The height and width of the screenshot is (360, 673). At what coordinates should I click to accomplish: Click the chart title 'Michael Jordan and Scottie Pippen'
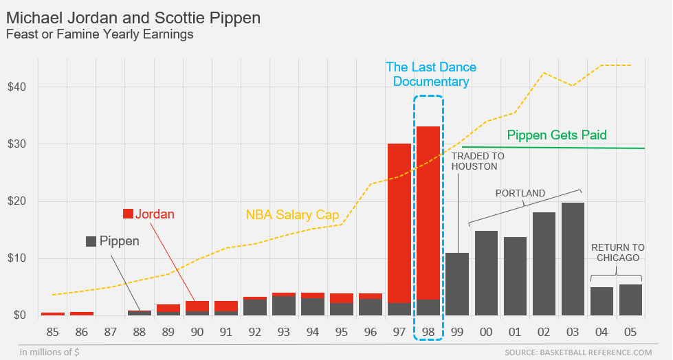pyautogui.click(x=133, y=17)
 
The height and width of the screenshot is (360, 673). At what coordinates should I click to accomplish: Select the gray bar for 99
pyautogui.click(x=457, y=284)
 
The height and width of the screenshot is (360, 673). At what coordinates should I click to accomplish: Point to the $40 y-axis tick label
pyautogui.click(x=17, y=87)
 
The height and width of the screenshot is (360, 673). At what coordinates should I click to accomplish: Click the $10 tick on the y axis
pyautogui.click(x=17, y=258)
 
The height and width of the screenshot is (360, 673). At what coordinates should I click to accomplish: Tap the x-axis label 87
pyautogui.click(x=111, y=333)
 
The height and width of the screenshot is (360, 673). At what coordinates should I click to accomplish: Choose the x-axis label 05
pyautogui.click(x=630, y=333)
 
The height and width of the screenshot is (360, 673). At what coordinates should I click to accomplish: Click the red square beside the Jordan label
pyautogui.click(x=128, y=214)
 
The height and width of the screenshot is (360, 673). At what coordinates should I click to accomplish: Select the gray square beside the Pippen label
pyautogui.click(x=91, y=241)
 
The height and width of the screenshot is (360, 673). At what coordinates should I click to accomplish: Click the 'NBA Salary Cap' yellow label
pyautogui.click(x=292, y=215)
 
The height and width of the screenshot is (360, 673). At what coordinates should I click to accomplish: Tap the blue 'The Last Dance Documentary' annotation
pyautogui.click(x=430, y=74)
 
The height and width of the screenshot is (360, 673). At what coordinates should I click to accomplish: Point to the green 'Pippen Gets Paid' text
pyautogui.click(x=557, y=135)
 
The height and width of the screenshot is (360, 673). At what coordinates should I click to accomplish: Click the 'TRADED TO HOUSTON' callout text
pyautogui.click(x=478, y=161)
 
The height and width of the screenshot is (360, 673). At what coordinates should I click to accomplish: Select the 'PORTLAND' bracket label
pyautogui.click(x=520, y=193)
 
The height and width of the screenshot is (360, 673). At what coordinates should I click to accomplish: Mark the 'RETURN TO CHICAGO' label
pyautogui.click(x=617, y=252)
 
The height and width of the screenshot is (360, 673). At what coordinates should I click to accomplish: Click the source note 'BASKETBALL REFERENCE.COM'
pyautogui.click(x=577, y=352)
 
